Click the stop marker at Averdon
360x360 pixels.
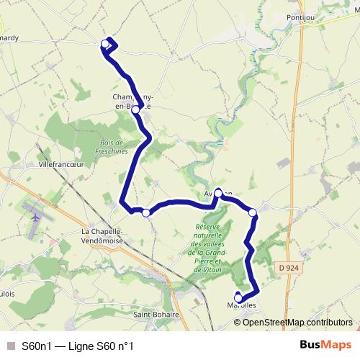tap(218, 193)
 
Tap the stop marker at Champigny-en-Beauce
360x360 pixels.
tap(135, 110)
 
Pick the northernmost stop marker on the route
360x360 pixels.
tap(105, 45)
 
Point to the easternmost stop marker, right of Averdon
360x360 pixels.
tap(253, 212)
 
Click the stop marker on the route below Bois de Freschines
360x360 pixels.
tap(146, 212)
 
